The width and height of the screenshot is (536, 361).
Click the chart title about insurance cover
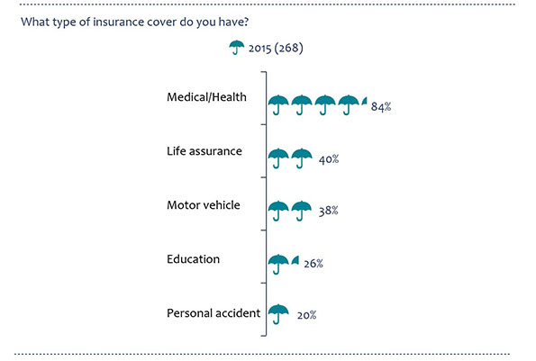pyautogui.click(x=135, y=23)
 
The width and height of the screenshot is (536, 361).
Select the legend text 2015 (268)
pyautogui.click(x=276, y=48)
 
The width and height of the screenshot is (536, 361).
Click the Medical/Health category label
pyautogui.click(x=206, y=97)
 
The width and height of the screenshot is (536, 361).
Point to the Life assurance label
pyautogui.click(x=204, y=151)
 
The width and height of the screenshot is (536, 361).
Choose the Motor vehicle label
pyautogui.click(x=204, y=205)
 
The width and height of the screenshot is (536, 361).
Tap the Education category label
pyautogui.click(x=193, y=259)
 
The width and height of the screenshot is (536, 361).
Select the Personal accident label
pyautogui.click(x=213, y=313)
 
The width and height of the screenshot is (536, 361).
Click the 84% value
pyautogui.click(x=381, y=106)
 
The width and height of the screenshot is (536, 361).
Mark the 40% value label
pyautogui.click(x=329, y=159)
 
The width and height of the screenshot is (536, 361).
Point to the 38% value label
pyautogui.click(x=328, y=211)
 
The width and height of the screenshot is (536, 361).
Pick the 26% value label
pyautogui.click(x=313, y=263)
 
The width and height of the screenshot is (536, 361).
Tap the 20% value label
pyautogui.click(x=306, y=315)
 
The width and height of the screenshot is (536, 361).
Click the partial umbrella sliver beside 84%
pyautogui.click(x=365, y=101)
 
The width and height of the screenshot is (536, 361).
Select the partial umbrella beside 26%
pyautogui.click(x=295, y=260)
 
